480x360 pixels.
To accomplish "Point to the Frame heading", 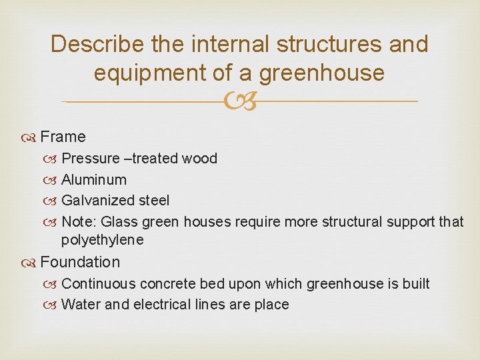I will pos(63,137).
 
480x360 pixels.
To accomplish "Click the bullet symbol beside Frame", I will pos(32,137).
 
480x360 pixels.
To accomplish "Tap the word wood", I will pos(201,159).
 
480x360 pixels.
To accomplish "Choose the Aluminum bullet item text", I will pos(93,180).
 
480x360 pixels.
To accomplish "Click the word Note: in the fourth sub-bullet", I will pos(79,221).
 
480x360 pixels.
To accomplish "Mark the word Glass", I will pos(118,221).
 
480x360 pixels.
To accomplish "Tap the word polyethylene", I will pos(102,240).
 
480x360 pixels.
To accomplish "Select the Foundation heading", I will pos(80,262).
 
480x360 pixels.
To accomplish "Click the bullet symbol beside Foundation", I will pos(32,263).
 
